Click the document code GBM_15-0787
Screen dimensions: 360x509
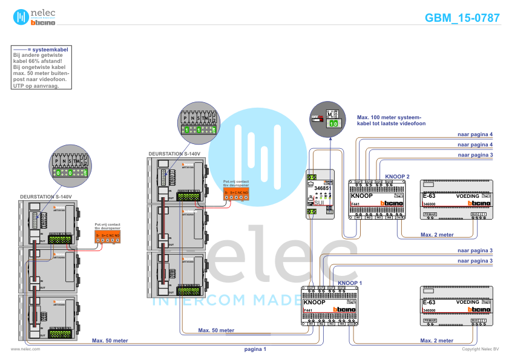click(462, 18)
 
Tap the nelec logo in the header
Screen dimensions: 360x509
click(34, 17)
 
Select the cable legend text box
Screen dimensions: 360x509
click(41, 68)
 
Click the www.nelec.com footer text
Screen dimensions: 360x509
click(25, 349)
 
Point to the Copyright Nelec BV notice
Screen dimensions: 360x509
click(481, 349)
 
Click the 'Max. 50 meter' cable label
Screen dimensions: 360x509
click(110, 341)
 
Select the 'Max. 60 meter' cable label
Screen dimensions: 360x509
click(216, 330)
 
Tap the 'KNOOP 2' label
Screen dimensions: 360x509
click(398, 177)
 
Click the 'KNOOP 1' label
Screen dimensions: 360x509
click(350, 283)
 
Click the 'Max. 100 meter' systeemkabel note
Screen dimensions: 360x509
click(390, 120)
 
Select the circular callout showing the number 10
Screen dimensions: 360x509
click(330, 118)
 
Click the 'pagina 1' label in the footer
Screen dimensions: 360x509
click(255, 349)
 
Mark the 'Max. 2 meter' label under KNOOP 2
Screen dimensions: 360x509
click(436, 235)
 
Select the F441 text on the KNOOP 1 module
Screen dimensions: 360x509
click(309, 310)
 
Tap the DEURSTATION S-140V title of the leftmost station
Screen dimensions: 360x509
click(45, 197)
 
